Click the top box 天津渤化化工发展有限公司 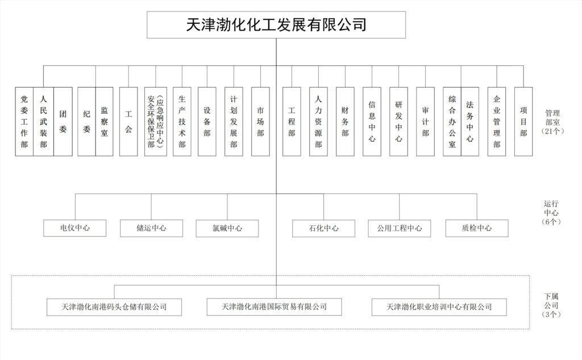point(276,25)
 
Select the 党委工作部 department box point(24,122)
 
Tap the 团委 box point(63,122)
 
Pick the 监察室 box point(105,122)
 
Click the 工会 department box point(128,122)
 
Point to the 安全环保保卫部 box point(156,122)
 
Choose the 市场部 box point(260,122)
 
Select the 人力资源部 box point(318,122)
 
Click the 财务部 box point(345,122)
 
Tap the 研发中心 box point(398,122)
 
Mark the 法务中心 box point(470,122)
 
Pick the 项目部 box point(523,122)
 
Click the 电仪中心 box point(74,228)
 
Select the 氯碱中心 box point(227,229)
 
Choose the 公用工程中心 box point(400,229)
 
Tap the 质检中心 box point(477,229)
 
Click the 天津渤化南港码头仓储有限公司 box point(114,307)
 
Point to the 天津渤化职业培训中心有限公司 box point(439,307)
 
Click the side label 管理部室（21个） point(552,122)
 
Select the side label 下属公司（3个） point(551,305)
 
